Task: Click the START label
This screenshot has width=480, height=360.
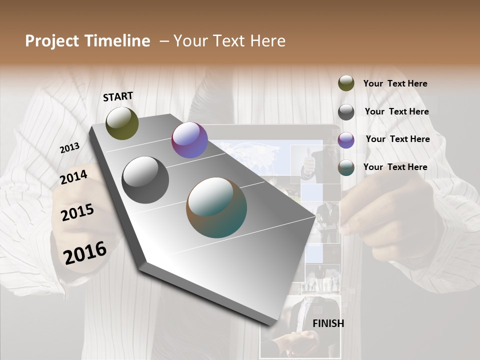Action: click(x=118, y=96)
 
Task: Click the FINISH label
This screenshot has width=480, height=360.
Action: click(x=328, y=323)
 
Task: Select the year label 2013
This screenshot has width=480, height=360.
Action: click(x=69, y=148)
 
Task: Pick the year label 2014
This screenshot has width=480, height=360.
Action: click(x=73, y=177)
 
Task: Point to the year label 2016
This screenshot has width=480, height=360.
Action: click(x=85, y=252)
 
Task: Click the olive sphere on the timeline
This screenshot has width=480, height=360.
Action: click(x=122, y=123)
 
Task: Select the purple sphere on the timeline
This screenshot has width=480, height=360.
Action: click(x=189, y=140)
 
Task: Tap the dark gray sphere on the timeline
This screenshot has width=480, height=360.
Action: click(x=145, y=180)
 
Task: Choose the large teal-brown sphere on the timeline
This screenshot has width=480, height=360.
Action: click(x=216, y=207)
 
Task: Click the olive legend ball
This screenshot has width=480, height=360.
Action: click(x=346, y=83)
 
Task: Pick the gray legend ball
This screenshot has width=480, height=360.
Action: click(x=346, y=111)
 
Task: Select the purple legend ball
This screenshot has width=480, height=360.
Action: click(x=346, y=140)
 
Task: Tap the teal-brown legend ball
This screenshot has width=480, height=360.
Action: click(x=346, y=167)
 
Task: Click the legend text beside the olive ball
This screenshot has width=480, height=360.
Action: click(x=395, y=83)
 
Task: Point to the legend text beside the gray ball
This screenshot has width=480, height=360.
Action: click(x=396, y=111)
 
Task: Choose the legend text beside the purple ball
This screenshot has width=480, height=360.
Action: click(x=397, y=139)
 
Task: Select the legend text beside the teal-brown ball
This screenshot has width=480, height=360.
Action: click(x=395, y=167)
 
